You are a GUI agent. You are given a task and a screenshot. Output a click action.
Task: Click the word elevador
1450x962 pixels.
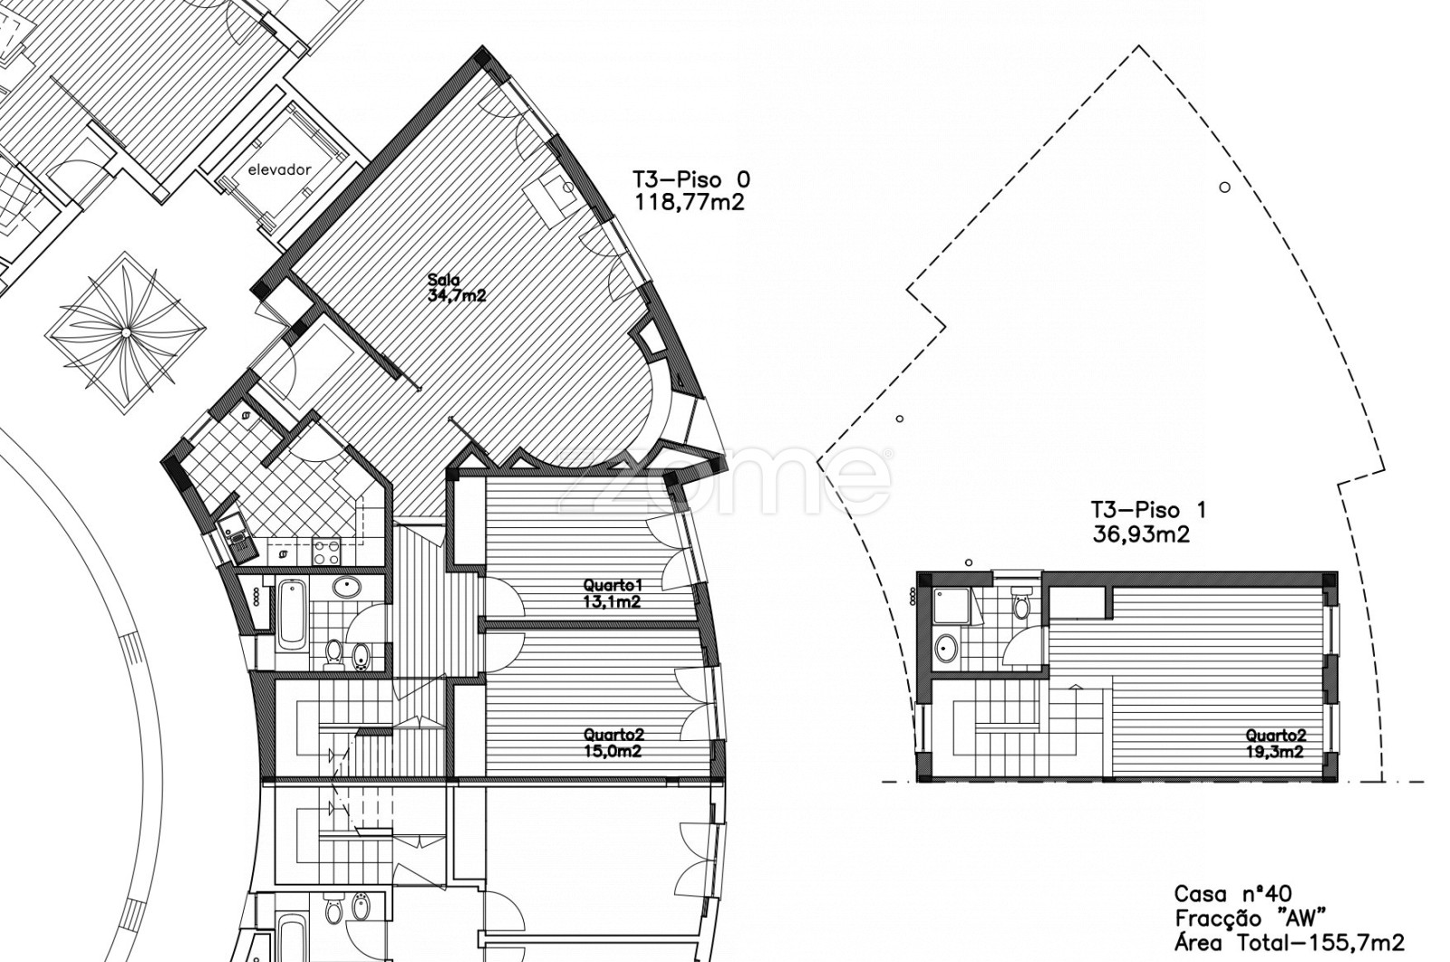point(280,170)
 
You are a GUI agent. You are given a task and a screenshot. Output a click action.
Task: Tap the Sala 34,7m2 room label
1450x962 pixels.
point(457,289)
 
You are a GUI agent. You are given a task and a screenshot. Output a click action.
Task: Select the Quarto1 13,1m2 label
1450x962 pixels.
point(613,594)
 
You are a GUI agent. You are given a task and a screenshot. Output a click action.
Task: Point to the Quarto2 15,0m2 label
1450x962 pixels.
point(613,744)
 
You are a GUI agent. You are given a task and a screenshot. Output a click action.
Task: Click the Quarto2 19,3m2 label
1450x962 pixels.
point(1275,744)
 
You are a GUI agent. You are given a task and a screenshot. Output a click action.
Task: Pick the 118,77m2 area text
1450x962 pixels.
point(690,203)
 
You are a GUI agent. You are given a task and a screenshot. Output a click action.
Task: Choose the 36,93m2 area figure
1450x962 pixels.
point(1141,534)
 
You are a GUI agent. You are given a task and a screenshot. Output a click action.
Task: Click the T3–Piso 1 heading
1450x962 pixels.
point(1148,510)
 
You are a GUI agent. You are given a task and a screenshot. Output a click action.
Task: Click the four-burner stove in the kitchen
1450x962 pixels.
point(326,551)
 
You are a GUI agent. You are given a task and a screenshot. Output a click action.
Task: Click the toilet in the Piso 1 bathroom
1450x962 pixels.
point(1021,603)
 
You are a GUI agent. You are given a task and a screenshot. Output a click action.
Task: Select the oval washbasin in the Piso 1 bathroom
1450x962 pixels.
point(947,647)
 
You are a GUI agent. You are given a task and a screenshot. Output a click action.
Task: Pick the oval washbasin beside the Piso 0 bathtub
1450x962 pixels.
point(348,587)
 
